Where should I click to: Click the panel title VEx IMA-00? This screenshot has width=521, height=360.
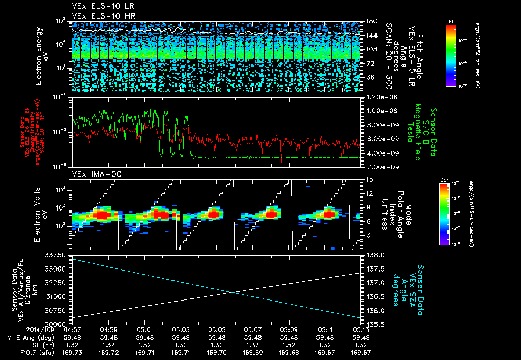tap(90, 174)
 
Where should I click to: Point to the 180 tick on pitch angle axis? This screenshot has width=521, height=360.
tap(370, 21)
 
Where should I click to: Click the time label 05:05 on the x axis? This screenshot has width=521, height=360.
tap(217, 329)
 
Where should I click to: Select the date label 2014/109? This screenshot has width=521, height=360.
tap(21, 329)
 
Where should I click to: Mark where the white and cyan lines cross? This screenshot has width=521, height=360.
tap(233, 292)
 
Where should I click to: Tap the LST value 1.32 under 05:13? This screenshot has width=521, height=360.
tap(361, 345)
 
